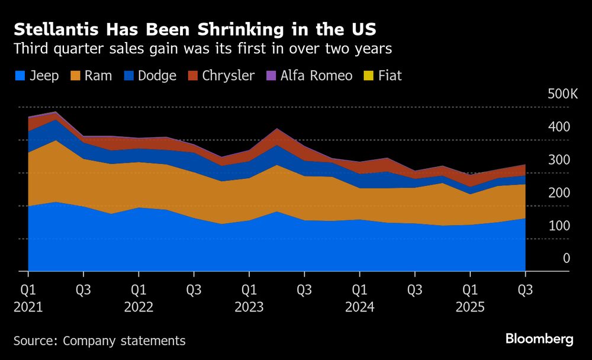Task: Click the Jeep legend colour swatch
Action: [x=20, y=76]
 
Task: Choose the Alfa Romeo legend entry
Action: [x=309, y=76]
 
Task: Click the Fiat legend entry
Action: [x=384, y=76]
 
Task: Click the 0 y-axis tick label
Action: [x=566, y=258]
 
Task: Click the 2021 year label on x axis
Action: [x=28, y=308]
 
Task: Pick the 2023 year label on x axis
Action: [x=249, y=308]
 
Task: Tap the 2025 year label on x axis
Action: [x=470, y=308]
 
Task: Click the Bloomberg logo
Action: [x=539, y=339]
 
